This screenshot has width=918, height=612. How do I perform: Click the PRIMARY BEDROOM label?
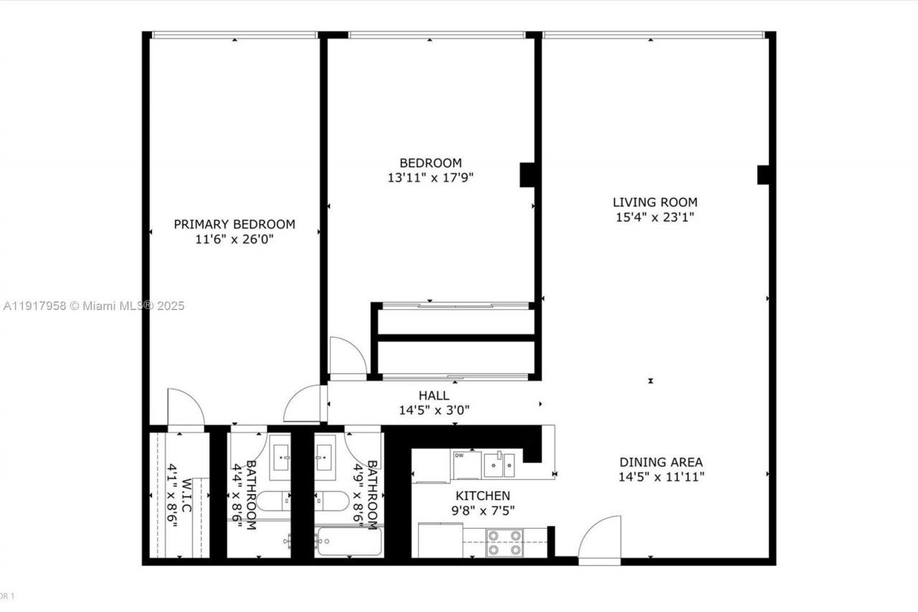[x=234, y=224]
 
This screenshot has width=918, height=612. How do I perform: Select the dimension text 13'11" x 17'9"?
[x=430, y=177]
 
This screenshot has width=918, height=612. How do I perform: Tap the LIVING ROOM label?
[x=654, y=202]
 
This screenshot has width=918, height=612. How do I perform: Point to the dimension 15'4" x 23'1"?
[x=654, y=217]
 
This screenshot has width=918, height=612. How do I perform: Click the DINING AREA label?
[x=661, y=462]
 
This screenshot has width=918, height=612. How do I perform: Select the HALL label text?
[x=434, y=395]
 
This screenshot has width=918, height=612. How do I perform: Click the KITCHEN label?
[x=483, y=496]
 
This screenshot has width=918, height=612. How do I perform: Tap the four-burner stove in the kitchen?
[x=505, y=542]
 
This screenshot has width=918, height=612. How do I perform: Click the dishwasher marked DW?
[x=467, y=465]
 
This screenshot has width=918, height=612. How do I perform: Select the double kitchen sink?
[x=498, y=464]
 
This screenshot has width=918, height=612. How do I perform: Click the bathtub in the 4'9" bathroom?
[x=348, y=542]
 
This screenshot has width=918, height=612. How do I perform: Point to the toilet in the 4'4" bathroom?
[x=273, y=500]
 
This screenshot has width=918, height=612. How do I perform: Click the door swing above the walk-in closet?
[x=184, y=407]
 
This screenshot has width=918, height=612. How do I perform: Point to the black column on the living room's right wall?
[x=763, y=174]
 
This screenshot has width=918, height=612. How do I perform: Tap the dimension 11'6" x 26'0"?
[x=234, y=239]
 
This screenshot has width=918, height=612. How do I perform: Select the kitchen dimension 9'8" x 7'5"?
[x=483, y=511]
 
